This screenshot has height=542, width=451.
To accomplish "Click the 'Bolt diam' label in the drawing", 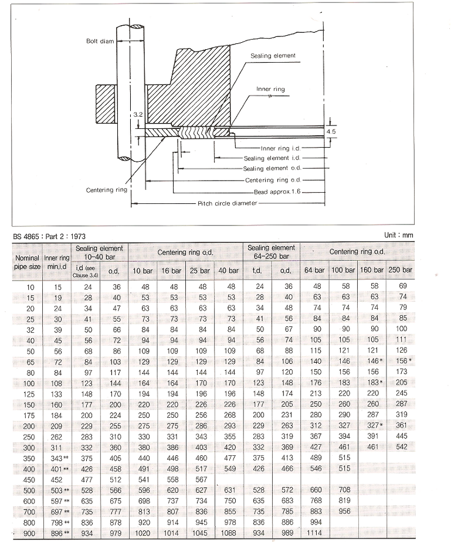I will (94, 41).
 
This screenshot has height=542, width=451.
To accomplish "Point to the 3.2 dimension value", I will (136, 115).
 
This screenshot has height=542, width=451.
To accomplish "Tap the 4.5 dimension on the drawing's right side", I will (332, 132).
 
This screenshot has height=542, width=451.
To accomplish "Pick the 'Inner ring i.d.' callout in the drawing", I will (279, 148).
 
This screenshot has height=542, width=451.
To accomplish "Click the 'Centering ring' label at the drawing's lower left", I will (106, 190).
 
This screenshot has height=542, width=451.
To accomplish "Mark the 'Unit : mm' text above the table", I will (399, 234).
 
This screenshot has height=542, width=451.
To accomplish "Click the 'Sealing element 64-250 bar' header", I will (271, 252).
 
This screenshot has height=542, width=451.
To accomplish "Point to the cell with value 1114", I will (316, 533).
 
